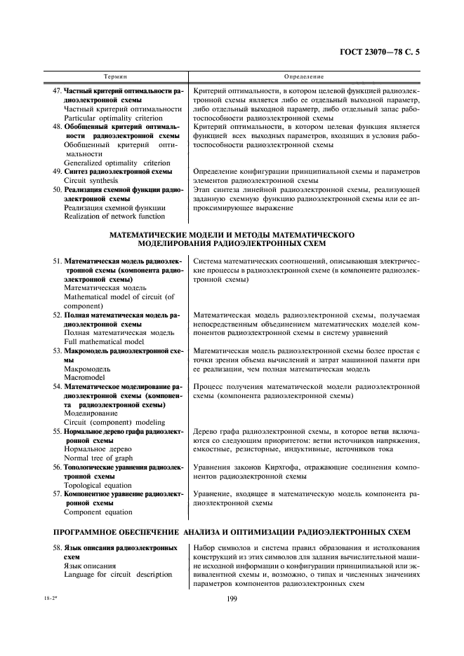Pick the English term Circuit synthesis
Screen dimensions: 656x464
[92, 180]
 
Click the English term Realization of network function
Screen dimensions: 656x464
[114, 216]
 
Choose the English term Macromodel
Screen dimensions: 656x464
[84, 377]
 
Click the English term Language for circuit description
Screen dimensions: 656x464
[118, 575]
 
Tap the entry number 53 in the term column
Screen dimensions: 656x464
[58, 350]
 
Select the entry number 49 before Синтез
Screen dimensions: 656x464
[58, 171]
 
